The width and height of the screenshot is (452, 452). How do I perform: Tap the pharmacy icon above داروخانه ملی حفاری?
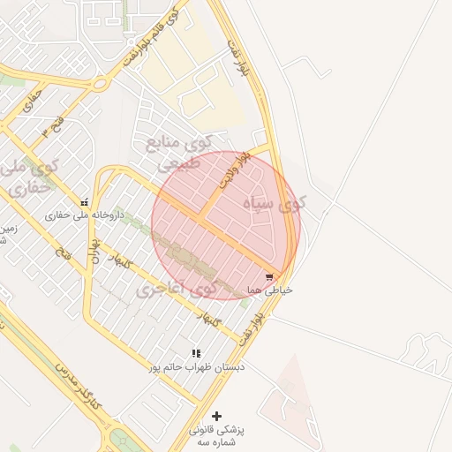pos(85,202)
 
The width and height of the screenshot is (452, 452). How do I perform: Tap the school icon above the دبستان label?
pos(196,353)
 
